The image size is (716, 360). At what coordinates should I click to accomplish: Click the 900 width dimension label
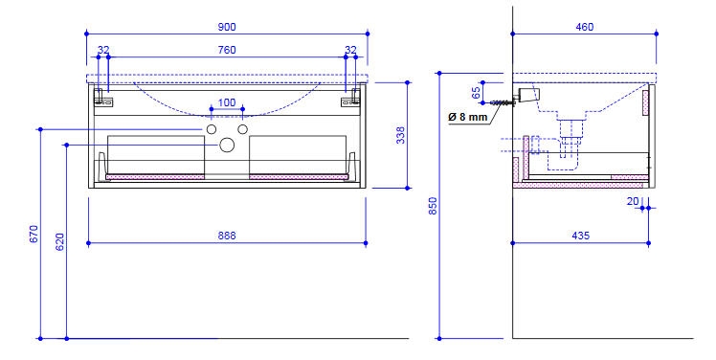(x=227, y=27)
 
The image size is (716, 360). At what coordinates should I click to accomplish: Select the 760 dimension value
(x=227, y=50)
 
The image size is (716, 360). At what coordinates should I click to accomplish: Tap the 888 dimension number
(x=227, y=236)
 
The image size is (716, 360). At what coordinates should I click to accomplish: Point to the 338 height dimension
(x=400, y=135)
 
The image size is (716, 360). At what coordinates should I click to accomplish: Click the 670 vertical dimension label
(x=34, y=234)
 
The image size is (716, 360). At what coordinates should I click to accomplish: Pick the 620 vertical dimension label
(x=59, y=241)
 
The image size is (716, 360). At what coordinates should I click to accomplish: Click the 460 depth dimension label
(x=585, y=27)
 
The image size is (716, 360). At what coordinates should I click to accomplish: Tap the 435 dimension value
(x=580, y=236)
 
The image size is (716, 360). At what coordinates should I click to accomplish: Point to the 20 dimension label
(x=633, y=201)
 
